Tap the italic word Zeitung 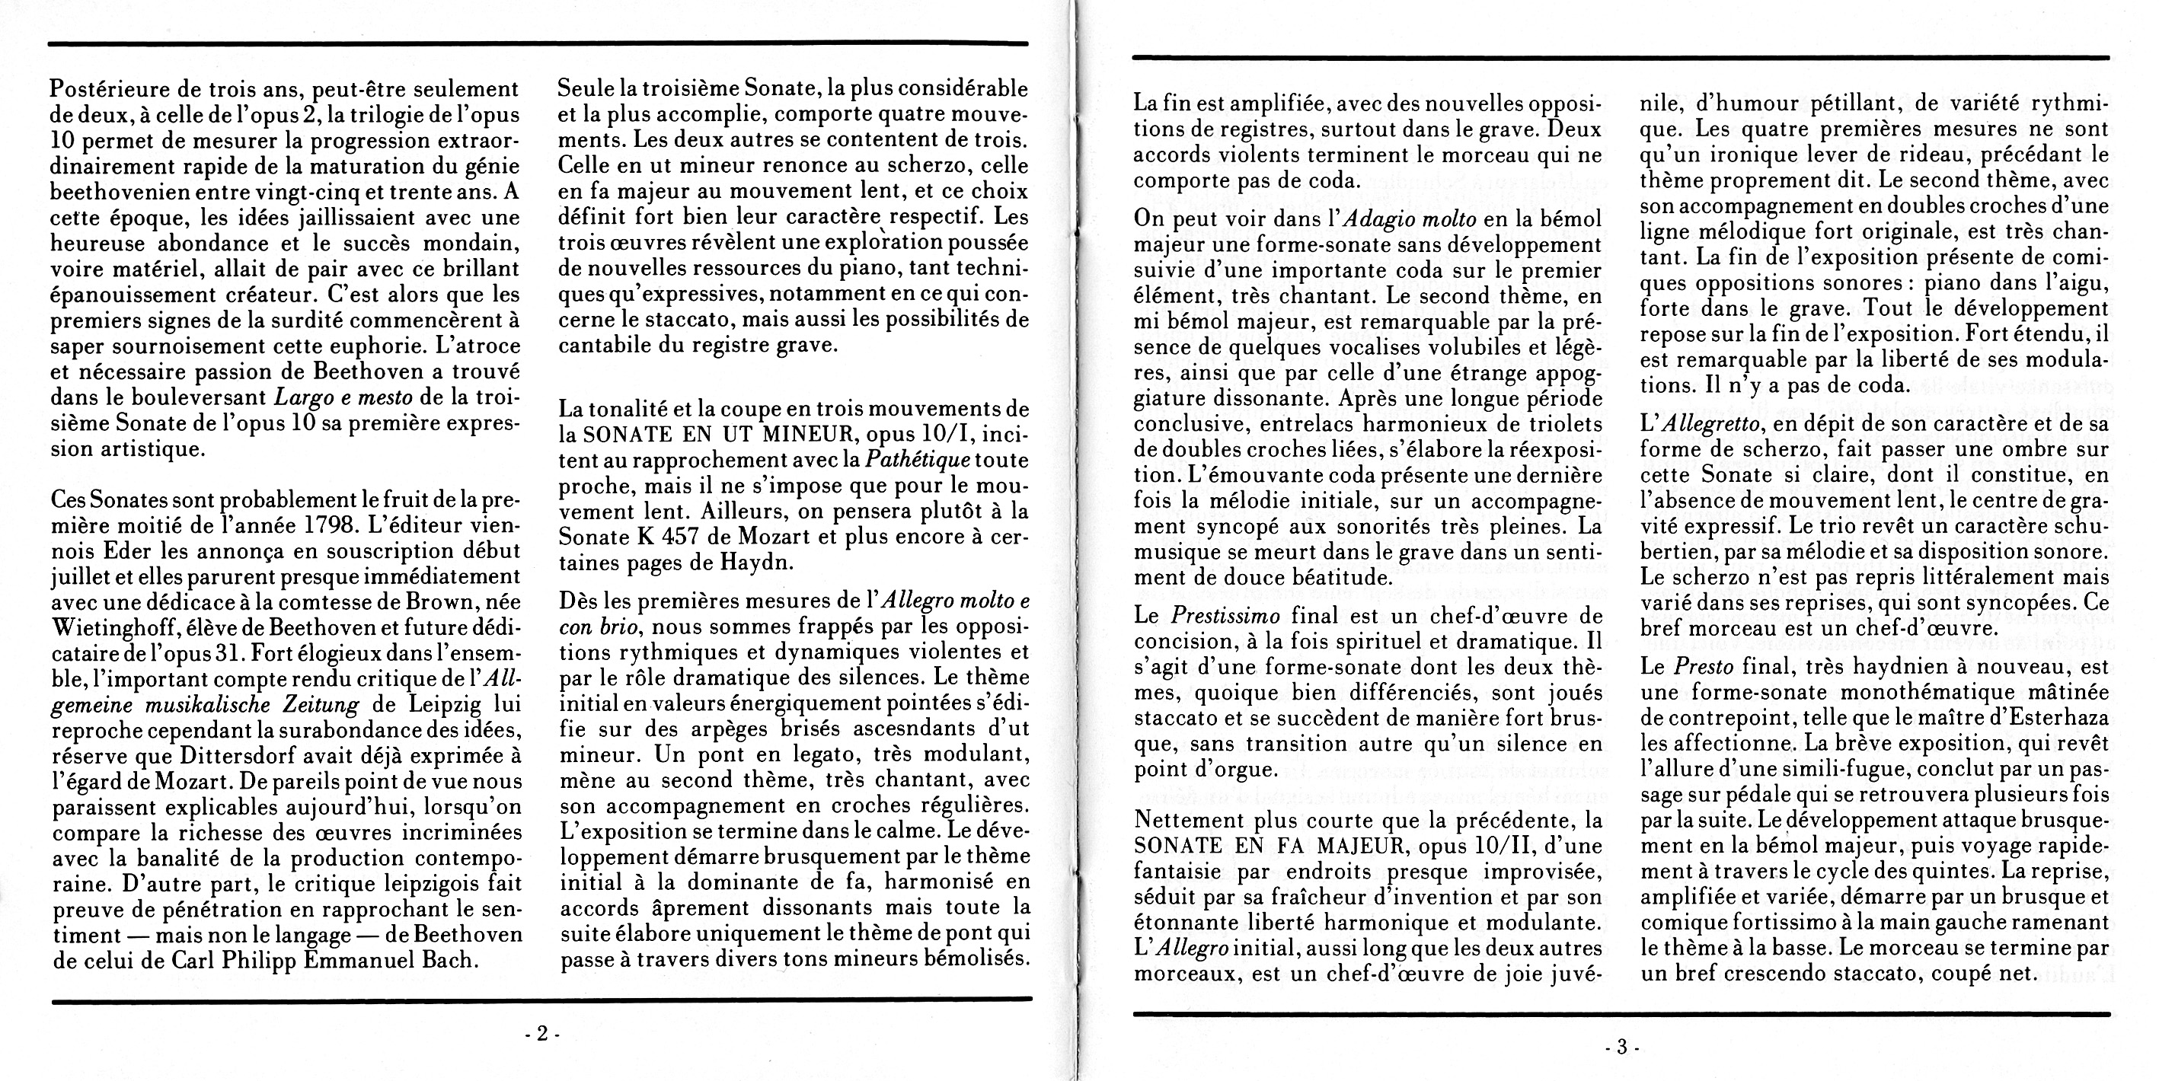[x=319, y=704]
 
